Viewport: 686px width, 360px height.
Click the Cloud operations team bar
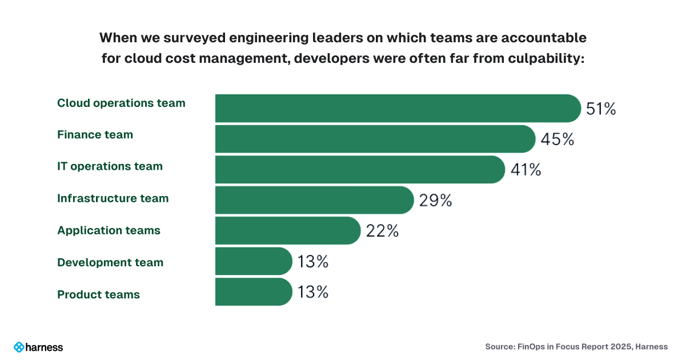point(398,108)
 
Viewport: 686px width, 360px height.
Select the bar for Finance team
point(375,139)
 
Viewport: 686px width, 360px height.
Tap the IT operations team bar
point(360,170)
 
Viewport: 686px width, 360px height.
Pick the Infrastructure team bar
point(314,200)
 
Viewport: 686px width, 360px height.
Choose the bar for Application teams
point(287,231)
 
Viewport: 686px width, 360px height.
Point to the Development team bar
point(254,262)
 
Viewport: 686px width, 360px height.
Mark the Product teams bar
point(254,292)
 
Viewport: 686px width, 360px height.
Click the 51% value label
point(600,109)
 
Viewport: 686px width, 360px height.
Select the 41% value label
point(525,170)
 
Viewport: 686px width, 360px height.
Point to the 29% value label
point(435,201)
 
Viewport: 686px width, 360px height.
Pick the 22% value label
point(382,231)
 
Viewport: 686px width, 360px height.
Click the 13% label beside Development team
point(312,262)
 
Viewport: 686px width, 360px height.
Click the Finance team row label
point(95,135)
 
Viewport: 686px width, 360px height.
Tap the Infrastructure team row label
point(113,199)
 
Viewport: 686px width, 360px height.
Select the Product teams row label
point(98,295)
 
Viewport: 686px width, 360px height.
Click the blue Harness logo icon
point(19,347)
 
